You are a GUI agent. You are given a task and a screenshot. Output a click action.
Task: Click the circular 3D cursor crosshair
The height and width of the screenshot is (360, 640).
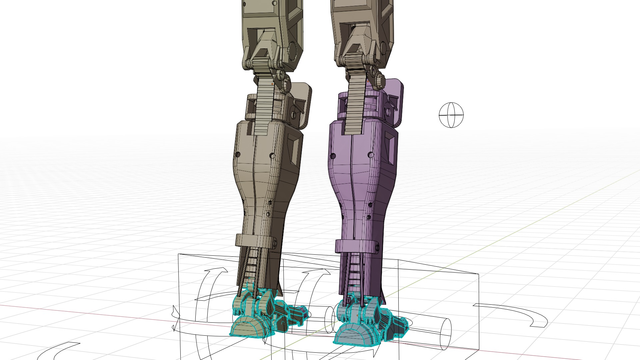tap(451, 115)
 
